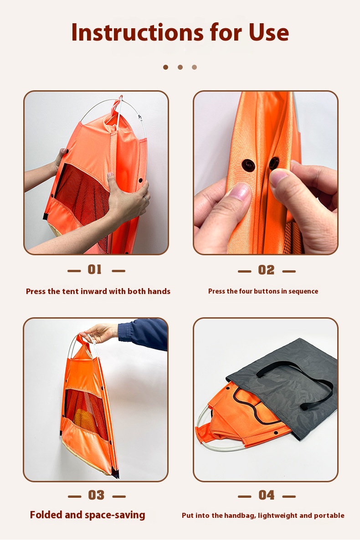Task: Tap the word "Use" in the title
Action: pos(269,32)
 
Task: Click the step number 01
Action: pos(95,269)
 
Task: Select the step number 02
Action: pos(267,270)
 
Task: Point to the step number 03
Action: pos(96,496)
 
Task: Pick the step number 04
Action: pos(267,496)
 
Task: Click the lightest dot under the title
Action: pos(195,67)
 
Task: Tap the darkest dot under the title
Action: pos(166,67)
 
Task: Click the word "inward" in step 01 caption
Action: pos(94,291)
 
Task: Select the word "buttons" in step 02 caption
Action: pos(267,291)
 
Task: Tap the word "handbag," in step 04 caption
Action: pos(240,516)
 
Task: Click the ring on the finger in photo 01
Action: pos(145,199)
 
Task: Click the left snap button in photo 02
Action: pos(248,165)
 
